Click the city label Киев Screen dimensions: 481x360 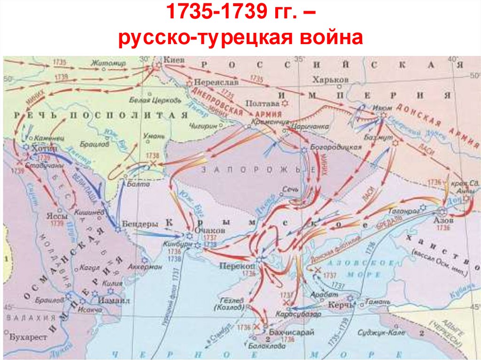pos(171,60)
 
